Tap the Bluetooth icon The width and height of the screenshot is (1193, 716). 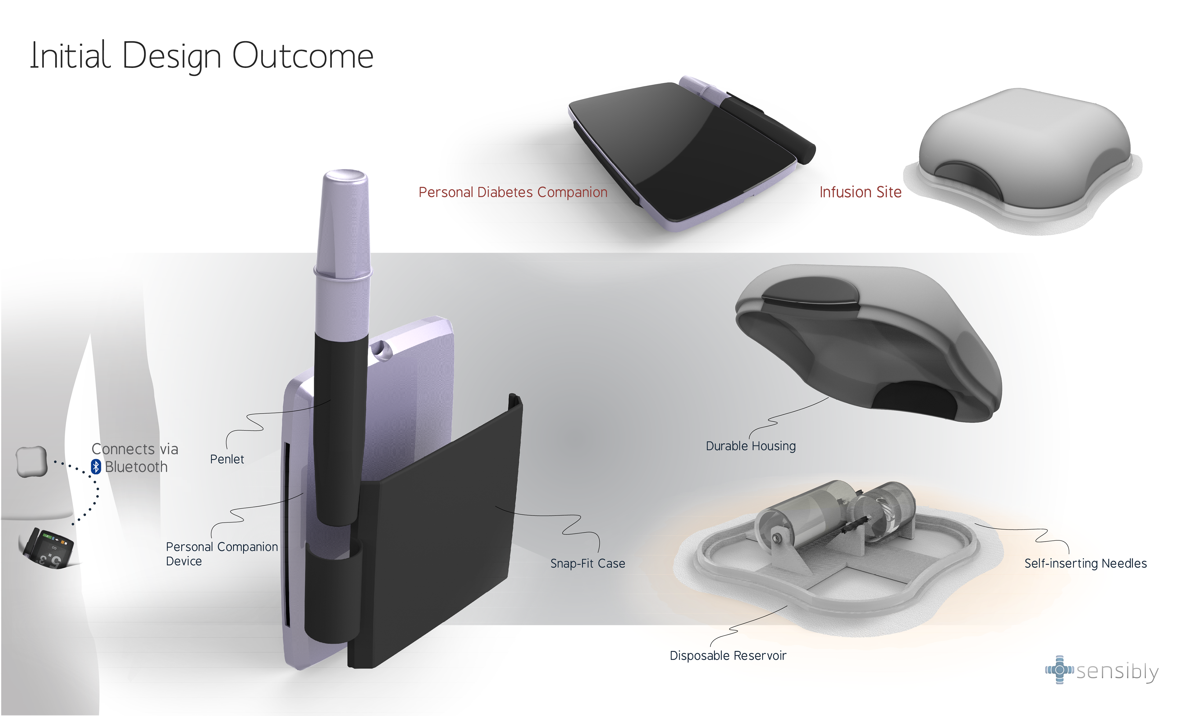pos(96,466)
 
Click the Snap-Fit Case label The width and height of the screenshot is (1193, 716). pos(587,563)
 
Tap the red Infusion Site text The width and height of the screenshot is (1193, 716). pos(860,192)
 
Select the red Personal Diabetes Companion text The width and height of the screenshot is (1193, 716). pos(513,192)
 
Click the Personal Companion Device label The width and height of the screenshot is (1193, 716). pos(221,554)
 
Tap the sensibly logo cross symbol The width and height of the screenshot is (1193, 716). pos(1059,670)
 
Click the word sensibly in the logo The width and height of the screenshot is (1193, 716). pos(1117,671)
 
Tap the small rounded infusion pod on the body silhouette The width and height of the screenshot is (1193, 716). pos(32,461)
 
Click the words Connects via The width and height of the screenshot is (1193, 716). pos(135,449)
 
